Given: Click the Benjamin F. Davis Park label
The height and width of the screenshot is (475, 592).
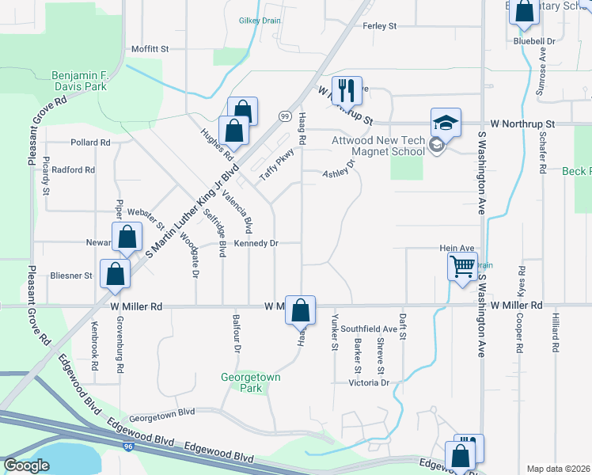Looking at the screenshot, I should point(79,82).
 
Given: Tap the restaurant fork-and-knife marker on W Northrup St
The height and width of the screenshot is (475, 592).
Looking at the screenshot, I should point(347,89).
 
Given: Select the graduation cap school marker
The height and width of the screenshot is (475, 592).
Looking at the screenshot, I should point(446,123).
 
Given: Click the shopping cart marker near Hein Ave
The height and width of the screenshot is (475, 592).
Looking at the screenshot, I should point(462,267).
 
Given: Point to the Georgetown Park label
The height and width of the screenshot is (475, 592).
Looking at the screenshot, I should point(250,383).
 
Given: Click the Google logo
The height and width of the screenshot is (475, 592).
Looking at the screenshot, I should point(26,465).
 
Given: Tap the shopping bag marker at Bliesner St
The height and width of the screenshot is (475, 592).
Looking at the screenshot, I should point(116,274).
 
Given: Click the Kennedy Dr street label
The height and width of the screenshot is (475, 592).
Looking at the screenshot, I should point(256,244).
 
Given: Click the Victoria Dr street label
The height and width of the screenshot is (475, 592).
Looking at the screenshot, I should point(370,383).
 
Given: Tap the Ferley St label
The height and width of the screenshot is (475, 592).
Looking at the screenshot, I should point(379,26).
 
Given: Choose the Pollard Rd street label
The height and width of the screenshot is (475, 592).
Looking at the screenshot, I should point(89,142).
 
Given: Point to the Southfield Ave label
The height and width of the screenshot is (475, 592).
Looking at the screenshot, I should point(374,329).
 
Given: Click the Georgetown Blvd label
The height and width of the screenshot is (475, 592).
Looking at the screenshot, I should point(162,413).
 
